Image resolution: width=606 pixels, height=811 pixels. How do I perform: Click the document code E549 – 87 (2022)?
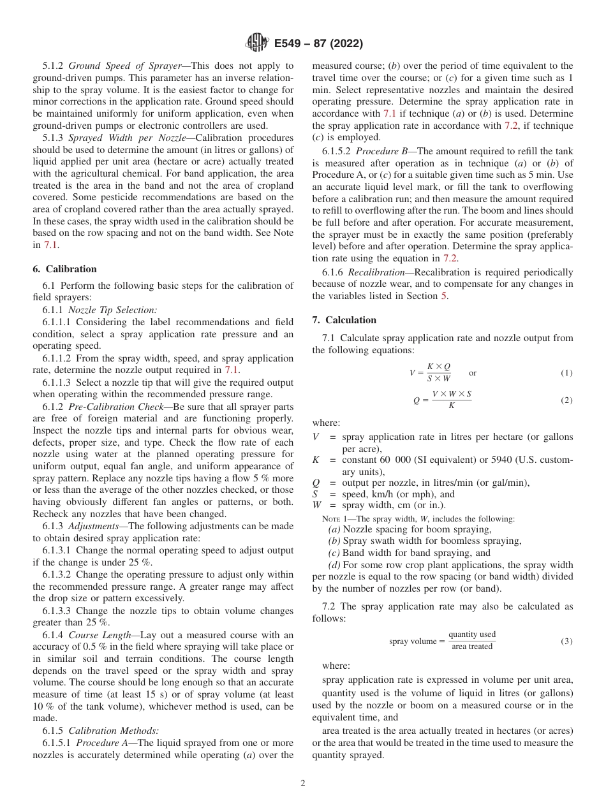[318, 44]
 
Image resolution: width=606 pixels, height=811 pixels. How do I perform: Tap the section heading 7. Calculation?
[344, 320]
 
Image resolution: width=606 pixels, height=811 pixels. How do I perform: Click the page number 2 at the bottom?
[303, 784]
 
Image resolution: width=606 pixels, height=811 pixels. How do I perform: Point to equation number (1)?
[566, 373]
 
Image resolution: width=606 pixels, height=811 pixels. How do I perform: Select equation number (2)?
[566, 400]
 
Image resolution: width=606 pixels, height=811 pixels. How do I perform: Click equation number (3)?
[566, 641]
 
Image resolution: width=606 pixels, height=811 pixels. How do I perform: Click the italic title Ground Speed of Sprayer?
[124, 66]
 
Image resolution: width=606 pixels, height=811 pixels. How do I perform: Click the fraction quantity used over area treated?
[471, 641]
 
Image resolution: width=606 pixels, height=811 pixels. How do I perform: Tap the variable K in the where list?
[316, 460]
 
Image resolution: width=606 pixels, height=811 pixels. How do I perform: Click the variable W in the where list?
[316, 506]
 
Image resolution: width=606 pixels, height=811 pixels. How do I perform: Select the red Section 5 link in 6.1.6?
[445, 296]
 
